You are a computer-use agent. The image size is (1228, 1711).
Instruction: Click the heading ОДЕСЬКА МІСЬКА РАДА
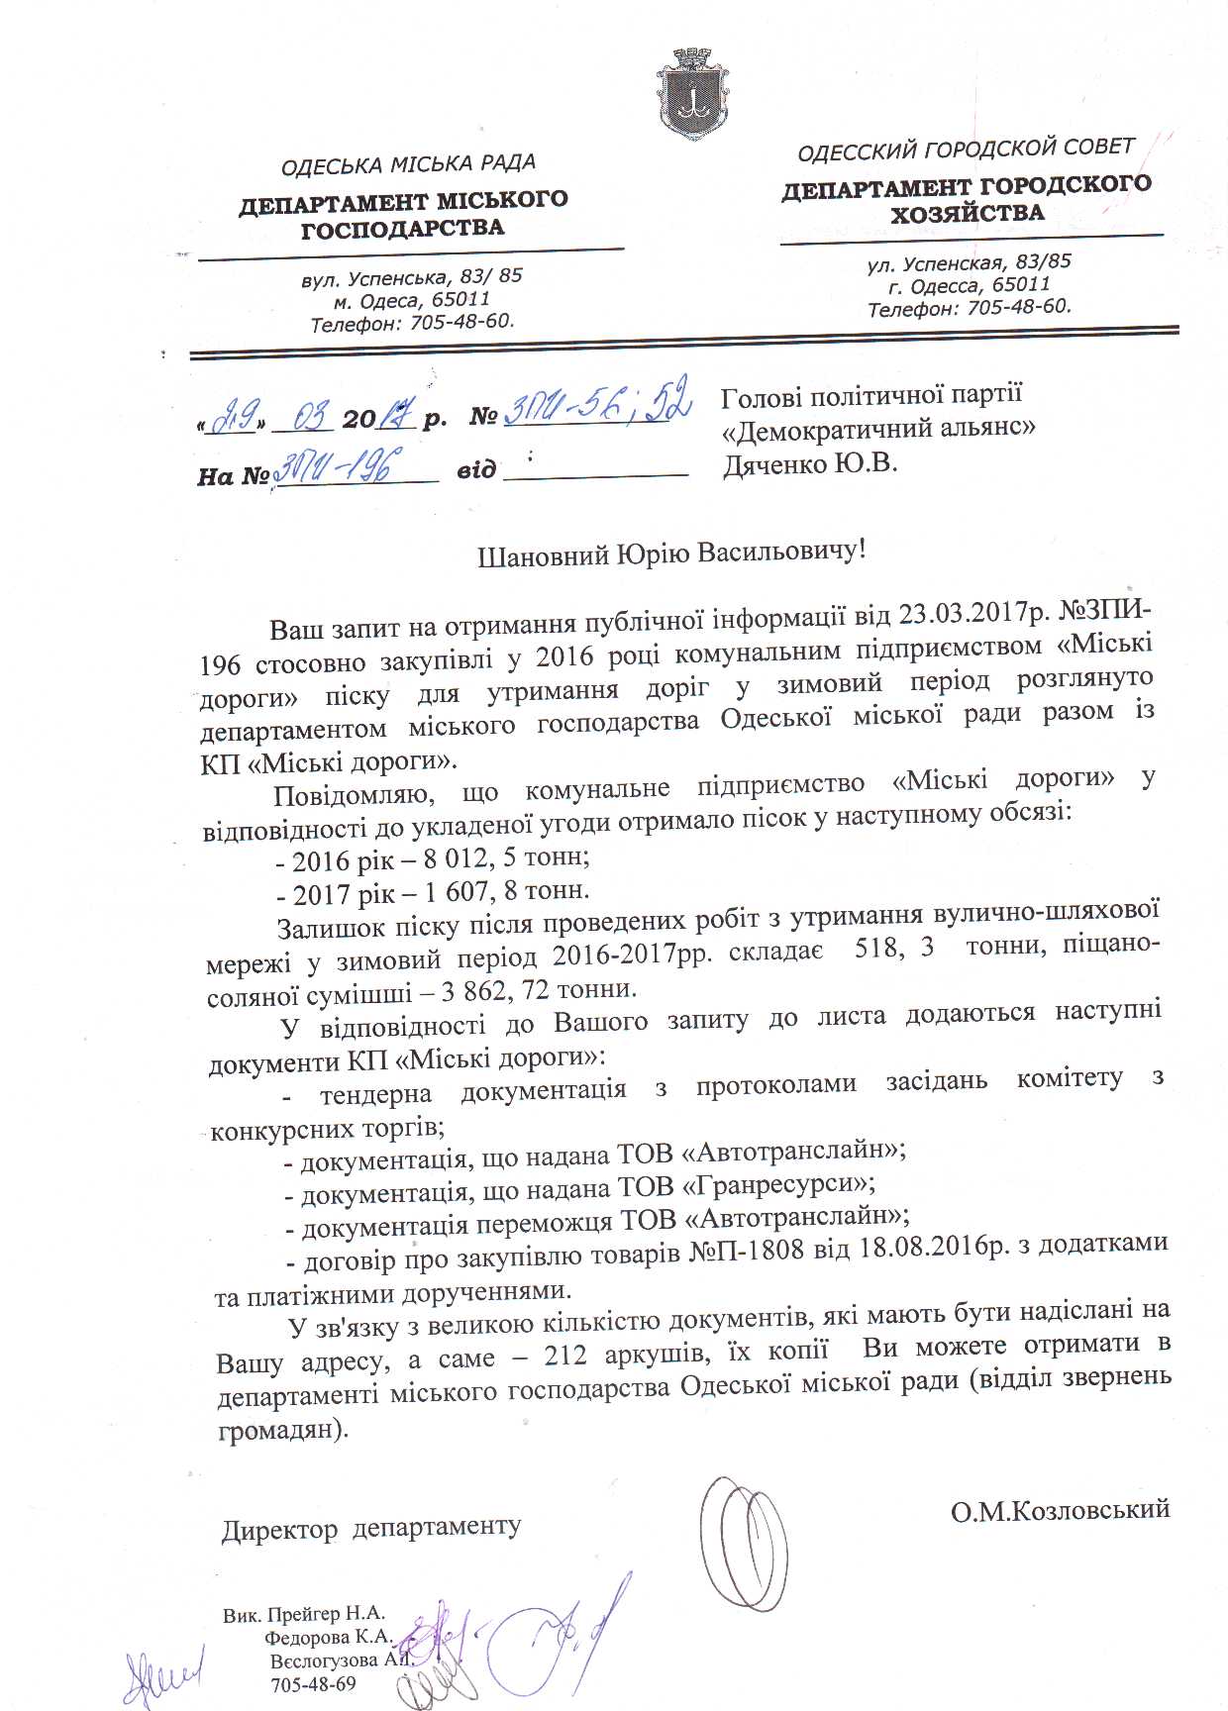point(408,164)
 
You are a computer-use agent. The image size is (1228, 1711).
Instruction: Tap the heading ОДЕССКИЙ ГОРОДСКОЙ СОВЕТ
point(966,150)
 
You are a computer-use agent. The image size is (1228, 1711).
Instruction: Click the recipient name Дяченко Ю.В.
point(810,463)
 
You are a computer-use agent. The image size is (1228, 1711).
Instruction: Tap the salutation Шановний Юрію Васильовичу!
point(671,552)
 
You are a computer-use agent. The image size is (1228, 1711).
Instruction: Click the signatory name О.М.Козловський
point(1060,1510)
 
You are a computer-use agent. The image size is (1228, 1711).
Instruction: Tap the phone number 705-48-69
point(313,1683)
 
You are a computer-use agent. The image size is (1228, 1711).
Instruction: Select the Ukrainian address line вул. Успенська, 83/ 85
point(412,277)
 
